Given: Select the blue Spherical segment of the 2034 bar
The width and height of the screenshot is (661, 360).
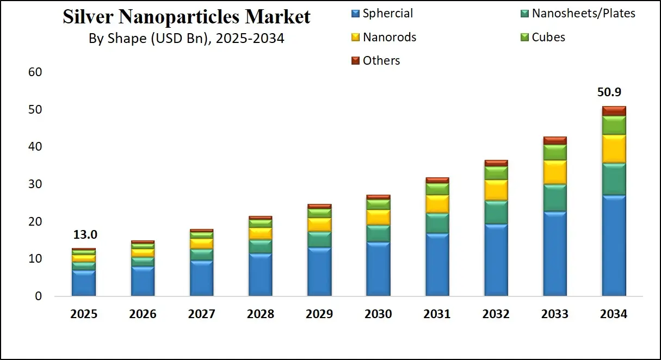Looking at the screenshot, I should [x=613, y=245].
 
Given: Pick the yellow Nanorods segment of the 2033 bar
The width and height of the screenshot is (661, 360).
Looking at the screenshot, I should [x=554, y=172].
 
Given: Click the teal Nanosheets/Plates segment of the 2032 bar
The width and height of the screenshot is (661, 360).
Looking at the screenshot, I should [x=496, y=212].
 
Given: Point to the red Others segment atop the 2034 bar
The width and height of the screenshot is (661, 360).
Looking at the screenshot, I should [x=613, y=110].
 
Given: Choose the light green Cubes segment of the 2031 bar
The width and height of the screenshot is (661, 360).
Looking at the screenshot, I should [x=437, y=189].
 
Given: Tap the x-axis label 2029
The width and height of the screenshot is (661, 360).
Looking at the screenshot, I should [x=319, y=314].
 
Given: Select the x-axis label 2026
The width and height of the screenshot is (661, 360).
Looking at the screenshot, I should [x=143, y=314].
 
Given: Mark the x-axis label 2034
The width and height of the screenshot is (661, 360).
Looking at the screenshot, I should [x=613, y=314].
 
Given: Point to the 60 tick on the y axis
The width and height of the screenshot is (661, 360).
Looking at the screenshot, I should [x=35, y=72].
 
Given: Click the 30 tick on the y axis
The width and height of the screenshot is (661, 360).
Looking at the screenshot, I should [x=35, y=184].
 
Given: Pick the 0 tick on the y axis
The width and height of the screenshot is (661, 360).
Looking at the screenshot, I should [x=38, y=296].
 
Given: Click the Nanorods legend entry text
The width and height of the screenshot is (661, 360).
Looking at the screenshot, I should [x=390, y=38].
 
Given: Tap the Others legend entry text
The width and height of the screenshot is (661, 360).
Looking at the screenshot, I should [x=381, y=61].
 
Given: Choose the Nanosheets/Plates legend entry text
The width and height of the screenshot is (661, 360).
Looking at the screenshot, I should [x=583, y=14].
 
